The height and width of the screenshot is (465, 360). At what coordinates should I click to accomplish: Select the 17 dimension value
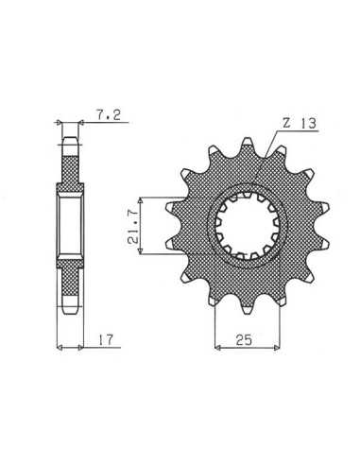(105, 340)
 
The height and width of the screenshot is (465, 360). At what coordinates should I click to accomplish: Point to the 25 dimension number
(244, 340)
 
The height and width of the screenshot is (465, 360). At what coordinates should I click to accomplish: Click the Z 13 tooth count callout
(299, 123)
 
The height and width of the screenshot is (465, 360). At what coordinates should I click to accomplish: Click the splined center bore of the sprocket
(248, 226)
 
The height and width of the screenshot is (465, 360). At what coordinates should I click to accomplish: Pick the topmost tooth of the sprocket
(248, 146)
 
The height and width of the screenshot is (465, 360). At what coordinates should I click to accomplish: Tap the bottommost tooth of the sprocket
(248, 307)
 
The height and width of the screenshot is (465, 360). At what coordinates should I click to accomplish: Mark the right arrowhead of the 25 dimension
(277, 348)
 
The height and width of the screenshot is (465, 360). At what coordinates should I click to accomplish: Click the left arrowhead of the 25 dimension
(217, 348)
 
